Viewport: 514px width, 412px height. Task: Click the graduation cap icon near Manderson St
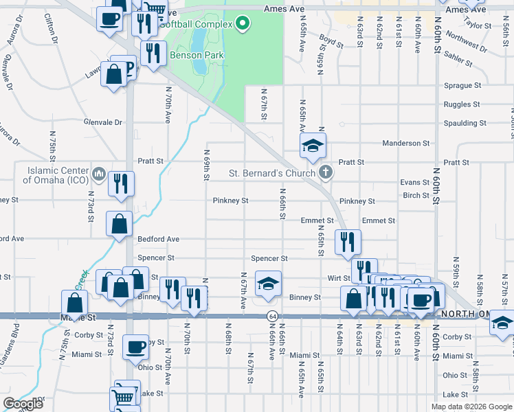[x=313, y=146]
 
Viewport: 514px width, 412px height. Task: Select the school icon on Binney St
[x=268, y=283]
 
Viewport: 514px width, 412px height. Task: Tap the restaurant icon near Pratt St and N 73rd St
[x=121, y=183]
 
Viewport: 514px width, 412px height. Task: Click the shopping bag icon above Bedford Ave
[x=120, y=223]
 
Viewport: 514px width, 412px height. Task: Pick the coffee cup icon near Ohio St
[x=136, y=347]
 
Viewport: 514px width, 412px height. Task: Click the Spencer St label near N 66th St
[x=269, y=258]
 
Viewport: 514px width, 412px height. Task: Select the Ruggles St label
[x=462, y=104]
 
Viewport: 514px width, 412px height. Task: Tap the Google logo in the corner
[x=23, y=404]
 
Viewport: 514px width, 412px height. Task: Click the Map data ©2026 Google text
[x=471, y=407]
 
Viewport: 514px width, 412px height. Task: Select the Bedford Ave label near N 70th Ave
[x=158, y=239]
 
